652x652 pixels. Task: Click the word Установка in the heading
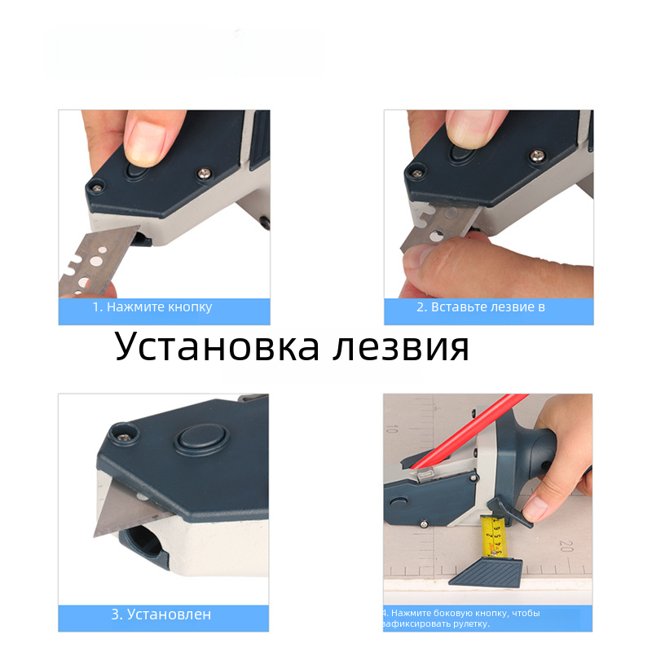click(217, 346)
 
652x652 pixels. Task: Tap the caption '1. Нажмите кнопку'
click(152, 307)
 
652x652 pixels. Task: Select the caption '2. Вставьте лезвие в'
click(481, 307)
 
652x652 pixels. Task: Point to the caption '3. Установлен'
click(161, 615)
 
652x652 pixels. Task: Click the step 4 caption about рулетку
click(460, 619)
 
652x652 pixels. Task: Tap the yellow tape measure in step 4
click(493, 536)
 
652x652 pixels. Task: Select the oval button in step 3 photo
click(202, 439)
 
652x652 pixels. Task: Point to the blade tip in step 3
click(95, 535)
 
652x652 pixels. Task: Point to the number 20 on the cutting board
click(566, 546)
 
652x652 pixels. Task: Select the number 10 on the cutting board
click(392, 429)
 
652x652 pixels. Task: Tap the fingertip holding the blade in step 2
click(420, 255)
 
